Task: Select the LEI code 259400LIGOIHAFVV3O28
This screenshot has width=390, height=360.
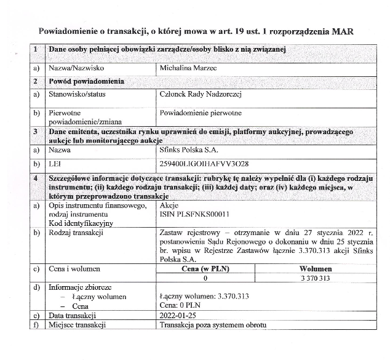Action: pos(196,164)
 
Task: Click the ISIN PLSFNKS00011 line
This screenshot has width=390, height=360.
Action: pos(194,214)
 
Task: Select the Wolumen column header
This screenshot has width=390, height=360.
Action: pos(316,269)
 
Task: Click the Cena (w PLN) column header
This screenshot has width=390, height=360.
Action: pos(205,269)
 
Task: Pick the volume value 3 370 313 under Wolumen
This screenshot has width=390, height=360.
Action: pos(316,278)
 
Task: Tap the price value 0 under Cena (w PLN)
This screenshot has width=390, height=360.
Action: pos(205,278)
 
